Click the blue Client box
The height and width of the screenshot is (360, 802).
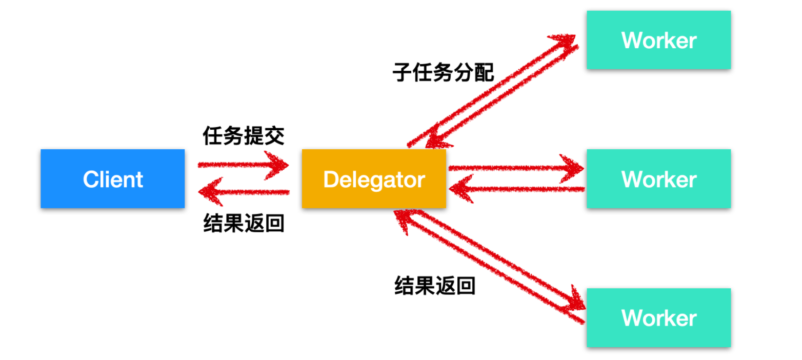point(113,179)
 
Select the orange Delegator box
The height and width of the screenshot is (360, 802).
point(374,179)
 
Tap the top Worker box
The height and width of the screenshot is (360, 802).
point(659,40)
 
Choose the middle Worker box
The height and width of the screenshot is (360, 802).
point(659,179)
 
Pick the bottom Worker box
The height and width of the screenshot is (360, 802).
point(659,318)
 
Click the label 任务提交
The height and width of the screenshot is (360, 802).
point(244,136)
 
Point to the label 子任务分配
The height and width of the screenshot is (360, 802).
point(443,72)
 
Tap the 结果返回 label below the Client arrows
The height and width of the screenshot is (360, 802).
point(244,223)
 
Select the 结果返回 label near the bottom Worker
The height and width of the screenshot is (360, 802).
point(435,286)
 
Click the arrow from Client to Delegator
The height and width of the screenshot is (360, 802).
point(243,165)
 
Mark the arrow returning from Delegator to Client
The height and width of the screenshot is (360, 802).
point(244,192)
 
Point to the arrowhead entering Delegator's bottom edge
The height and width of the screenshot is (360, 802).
point(404,219)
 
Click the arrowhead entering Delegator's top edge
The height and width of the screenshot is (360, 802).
point(437,138)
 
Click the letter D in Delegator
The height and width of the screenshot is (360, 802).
point(332,179)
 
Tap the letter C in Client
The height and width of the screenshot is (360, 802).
point(91,179)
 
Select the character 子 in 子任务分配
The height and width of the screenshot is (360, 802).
point(403,72)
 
